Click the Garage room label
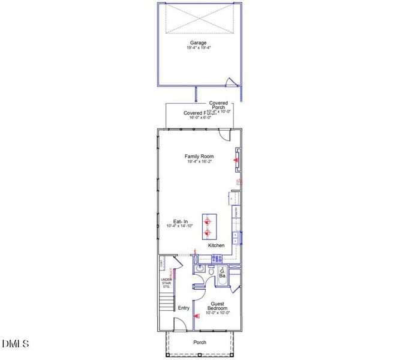(199, 43)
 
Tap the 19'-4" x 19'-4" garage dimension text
(199, 48)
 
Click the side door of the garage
(228, 83)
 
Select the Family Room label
(199, 156)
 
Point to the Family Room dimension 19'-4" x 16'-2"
(199, 161)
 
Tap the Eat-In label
(181, 221)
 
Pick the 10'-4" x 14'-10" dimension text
(181, 226)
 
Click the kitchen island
(208, 226)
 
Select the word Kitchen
(216, 245)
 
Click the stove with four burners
(217, 259)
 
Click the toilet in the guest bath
(211, 272)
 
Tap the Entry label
(184, 308)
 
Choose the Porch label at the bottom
(200, 343)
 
